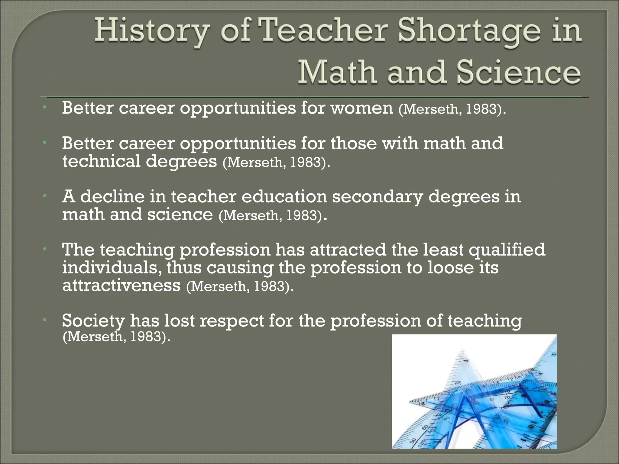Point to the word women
(362, 108)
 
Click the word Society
(93, 321)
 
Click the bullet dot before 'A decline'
(44, 196)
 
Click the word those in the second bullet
(354, 143)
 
